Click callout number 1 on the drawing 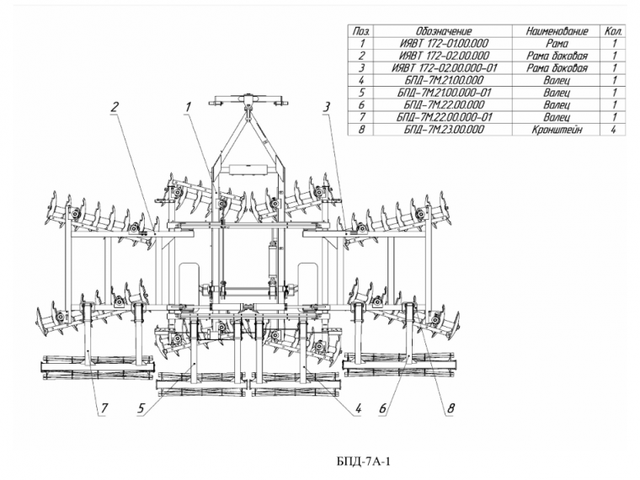189,107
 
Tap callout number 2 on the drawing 114,106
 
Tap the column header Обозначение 444,31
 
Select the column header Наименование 557,31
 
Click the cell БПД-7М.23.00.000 444,131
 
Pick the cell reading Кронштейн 557,131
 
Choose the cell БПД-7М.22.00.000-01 444,118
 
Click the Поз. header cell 361,31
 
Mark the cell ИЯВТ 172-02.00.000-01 444,68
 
